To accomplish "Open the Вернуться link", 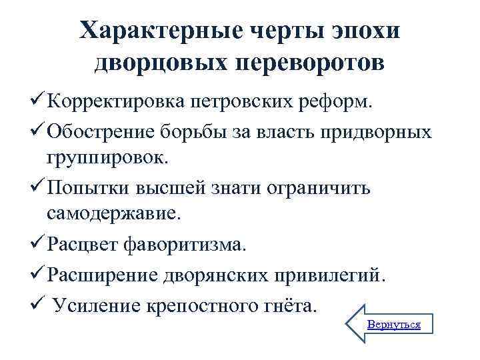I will pyautogui.click(x=394, y=325).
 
